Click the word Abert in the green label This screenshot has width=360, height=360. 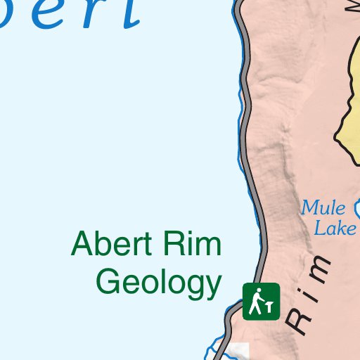[112, 245]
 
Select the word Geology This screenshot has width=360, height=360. [159, 283]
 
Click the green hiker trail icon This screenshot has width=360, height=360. [262, 301]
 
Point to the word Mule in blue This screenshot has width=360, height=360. [323, 208]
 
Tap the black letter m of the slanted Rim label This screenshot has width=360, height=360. [321, 269]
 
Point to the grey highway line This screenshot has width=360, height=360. [247, 141]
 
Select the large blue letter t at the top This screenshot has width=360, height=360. [127, 12]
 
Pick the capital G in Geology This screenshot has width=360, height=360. [108, 282]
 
